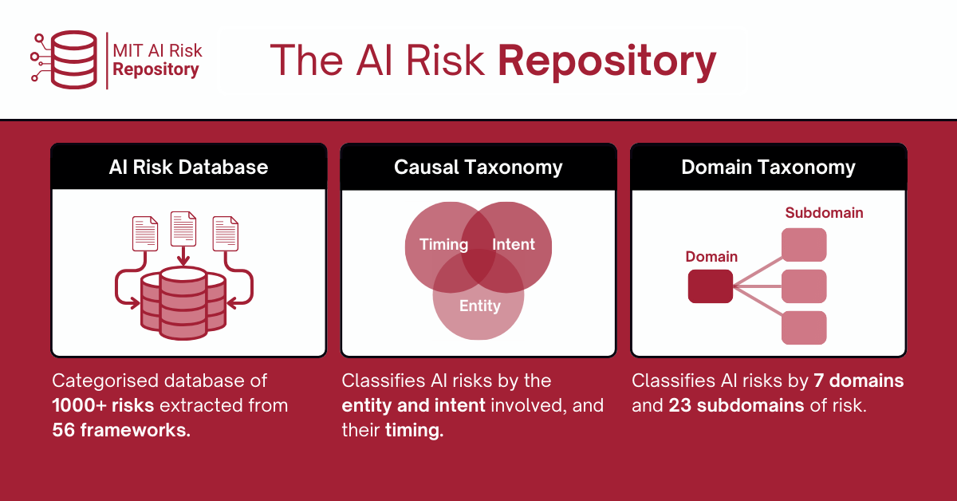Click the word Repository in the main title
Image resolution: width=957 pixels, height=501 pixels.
(606, 62)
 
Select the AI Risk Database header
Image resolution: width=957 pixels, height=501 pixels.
(188, 167)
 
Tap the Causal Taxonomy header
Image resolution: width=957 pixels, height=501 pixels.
(478, 167)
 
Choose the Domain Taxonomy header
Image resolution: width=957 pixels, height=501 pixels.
(768, 167)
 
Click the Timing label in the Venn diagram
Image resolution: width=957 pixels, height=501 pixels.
(443, 244)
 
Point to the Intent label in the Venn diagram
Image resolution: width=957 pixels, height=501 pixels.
(514, 244)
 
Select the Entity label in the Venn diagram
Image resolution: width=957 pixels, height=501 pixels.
(480, 306)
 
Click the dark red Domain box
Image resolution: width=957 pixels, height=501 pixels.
(710, 286)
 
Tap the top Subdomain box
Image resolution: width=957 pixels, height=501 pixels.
(804, 245)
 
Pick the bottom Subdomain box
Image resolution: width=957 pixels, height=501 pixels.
(804, 328)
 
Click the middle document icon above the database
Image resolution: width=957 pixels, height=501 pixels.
(183, 228)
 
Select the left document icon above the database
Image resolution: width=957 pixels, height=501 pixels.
(145, 234)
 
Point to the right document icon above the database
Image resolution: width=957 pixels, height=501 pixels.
(226, 234)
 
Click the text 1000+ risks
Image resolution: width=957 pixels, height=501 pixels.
(103, 405)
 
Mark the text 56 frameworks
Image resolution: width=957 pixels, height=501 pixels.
(121, 430)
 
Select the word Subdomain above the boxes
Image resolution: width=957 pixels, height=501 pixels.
(824, 213)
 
